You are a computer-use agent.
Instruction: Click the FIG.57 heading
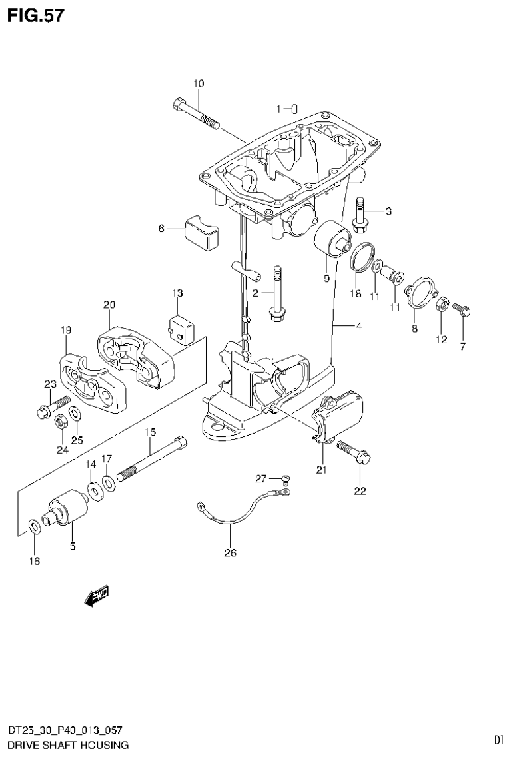[36, 15]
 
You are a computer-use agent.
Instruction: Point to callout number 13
[177, 293]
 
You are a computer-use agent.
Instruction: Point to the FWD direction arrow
[97, 596]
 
